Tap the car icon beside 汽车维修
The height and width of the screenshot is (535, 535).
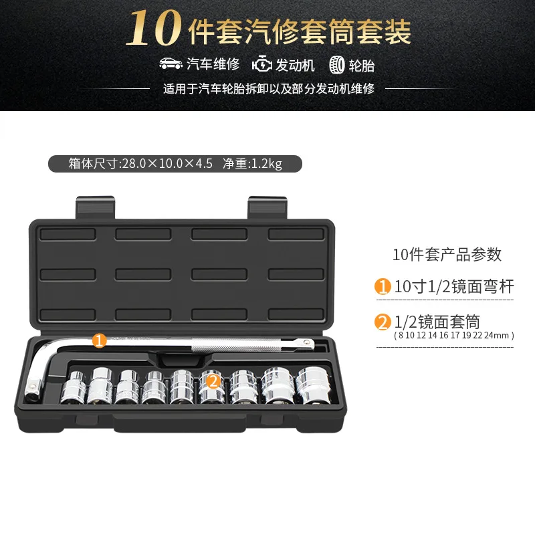(x=171, y=66)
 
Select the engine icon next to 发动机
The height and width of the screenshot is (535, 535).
(x=262, y=66)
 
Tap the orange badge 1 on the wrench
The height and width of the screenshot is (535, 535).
(x=99, y=341)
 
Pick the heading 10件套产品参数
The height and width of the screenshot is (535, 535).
(x=447, y=255)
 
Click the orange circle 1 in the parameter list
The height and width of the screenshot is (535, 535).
(x=382, y=288)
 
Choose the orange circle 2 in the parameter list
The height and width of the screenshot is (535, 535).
(x=382, y=323)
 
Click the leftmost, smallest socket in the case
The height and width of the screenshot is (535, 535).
(x=73, y=391)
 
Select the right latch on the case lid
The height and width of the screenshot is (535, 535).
(x=268, y=208)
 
